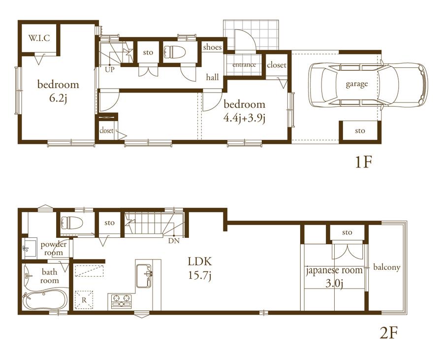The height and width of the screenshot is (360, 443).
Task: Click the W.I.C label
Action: (x=39, y=37)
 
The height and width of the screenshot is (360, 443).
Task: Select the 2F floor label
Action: (x=388, y=333)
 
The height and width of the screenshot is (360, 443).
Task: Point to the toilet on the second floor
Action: (x=70, y=223)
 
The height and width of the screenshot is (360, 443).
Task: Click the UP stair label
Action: (x=110, y=69)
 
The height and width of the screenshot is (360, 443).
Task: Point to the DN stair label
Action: (x=174, y=241)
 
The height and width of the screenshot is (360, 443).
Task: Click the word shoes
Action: (x=212, y=47)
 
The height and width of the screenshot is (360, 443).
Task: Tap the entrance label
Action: (x=244, y=65)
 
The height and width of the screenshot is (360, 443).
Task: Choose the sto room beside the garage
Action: (x=360, y=131)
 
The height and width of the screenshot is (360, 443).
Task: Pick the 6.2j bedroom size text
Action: (x=58, y=98)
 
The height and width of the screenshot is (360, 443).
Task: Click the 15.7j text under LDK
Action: (x=199, y=275)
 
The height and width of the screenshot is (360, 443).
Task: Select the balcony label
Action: (x=387, y=267)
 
